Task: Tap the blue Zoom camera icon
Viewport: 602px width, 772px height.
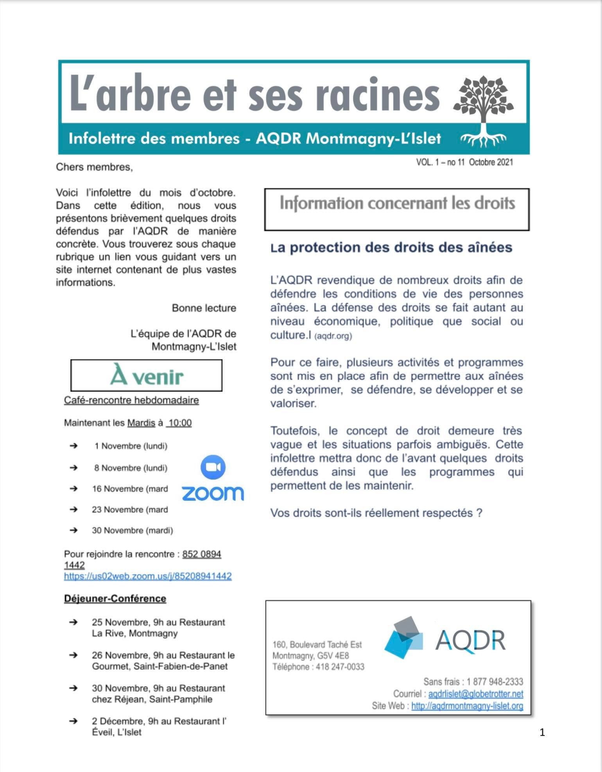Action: pyautogui.click(x=213, y=467)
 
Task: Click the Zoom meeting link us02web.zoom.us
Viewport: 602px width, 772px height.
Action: pyautogui.click(x=148, y=576)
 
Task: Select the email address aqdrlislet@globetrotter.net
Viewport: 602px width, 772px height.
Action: pyautogui.click(x=475, y=694)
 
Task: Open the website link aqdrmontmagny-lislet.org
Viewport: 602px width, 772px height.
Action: pyautogui.click(x=467, y=706)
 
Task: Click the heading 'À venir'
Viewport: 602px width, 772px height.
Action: pyautogui.click(x=147, y=375)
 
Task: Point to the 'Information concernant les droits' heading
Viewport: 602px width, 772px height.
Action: pyautogui.click(x=397, y=204)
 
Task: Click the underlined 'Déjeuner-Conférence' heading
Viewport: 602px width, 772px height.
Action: pyautogui.click(x=115, y=599)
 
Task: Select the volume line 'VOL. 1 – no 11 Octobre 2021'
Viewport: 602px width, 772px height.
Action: pyautogui.click(x=464, y=162)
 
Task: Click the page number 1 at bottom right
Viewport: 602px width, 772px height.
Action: pyautogui.click(x=542, y=733)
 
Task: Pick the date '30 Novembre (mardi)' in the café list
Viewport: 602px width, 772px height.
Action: pyautogui.click(x=132, y=530)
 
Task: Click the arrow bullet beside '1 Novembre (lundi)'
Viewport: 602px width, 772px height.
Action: pyautogui.click(x=73, y=446)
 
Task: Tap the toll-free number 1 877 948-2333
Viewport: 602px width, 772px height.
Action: pyautogui.click(x=494, y=682)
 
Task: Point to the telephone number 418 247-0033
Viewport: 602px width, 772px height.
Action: pyautogui.click(x=340, y=667)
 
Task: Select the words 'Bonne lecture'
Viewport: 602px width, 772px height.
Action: pyautogui.click(x=204, y=308)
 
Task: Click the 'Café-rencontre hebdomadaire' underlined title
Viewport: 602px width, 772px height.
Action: pyautogui.click(x=131, y=400)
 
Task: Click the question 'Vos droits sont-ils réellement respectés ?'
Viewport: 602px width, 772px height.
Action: pyautogui.click(x=376, y=513)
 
